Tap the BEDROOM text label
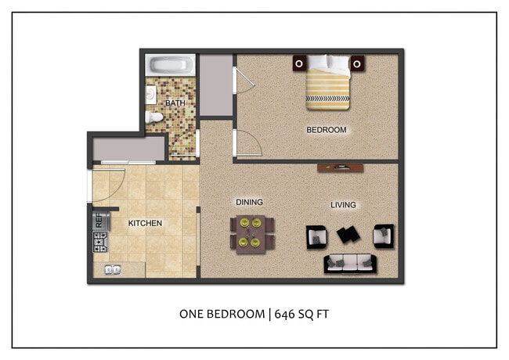coord(326,130)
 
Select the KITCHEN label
coord(145,223)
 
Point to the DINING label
coord(249,202)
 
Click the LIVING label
coord(343,205)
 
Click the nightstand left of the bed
coord(299,63)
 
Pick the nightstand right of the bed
coord(357,63)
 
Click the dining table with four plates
coord(253,232)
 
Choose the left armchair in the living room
coord(316,235)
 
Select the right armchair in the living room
coord(382,234)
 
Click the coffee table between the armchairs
coord(348,234)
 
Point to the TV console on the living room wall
coord(340,167)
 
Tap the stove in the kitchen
coord(100,243)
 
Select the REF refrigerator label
coord(99,221)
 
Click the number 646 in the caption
coord(288,315)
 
